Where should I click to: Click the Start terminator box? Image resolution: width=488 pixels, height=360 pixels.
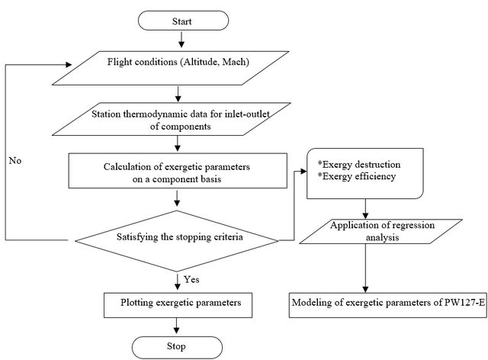[183, 21]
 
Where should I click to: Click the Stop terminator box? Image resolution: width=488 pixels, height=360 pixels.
[177, 347]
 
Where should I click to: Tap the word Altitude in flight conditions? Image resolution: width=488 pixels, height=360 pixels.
[201, 62]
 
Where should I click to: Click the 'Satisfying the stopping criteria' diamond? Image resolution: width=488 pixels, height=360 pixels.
[177, 241]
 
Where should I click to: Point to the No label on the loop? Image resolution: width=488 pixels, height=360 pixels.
[15, 161]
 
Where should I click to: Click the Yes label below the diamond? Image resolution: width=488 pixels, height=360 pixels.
[191, 279]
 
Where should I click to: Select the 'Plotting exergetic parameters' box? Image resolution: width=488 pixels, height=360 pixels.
[178, 305]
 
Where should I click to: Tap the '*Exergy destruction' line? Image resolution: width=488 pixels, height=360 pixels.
[359, 165]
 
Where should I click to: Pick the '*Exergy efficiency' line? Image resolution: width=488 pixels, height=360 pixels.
[357, 177]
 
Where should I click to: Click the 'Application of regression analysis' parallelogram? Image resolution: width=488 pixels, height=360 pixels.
[381, 231]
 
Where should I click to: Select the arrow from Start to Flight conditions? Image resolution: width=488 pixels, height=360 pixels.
[181, 39]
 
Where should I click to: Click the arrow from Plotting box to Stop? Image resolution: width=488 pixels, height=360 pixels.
[176, 326]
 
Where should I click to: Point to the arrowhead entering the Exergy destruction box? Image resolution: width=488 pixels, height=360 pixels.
[303, 172]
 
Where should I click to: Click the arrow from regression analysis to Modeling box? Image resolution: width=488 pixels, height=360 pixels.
[366, 268]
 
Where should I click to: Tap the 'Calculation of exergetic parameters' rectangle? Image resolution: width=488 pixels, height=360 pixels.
[178, 171]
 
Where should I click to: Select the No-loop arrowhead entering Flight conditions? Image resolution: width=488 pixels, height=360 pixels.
[68, 65]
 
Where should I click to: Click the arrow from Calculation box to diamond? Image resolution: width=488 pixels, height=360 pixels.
[177, 198]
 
